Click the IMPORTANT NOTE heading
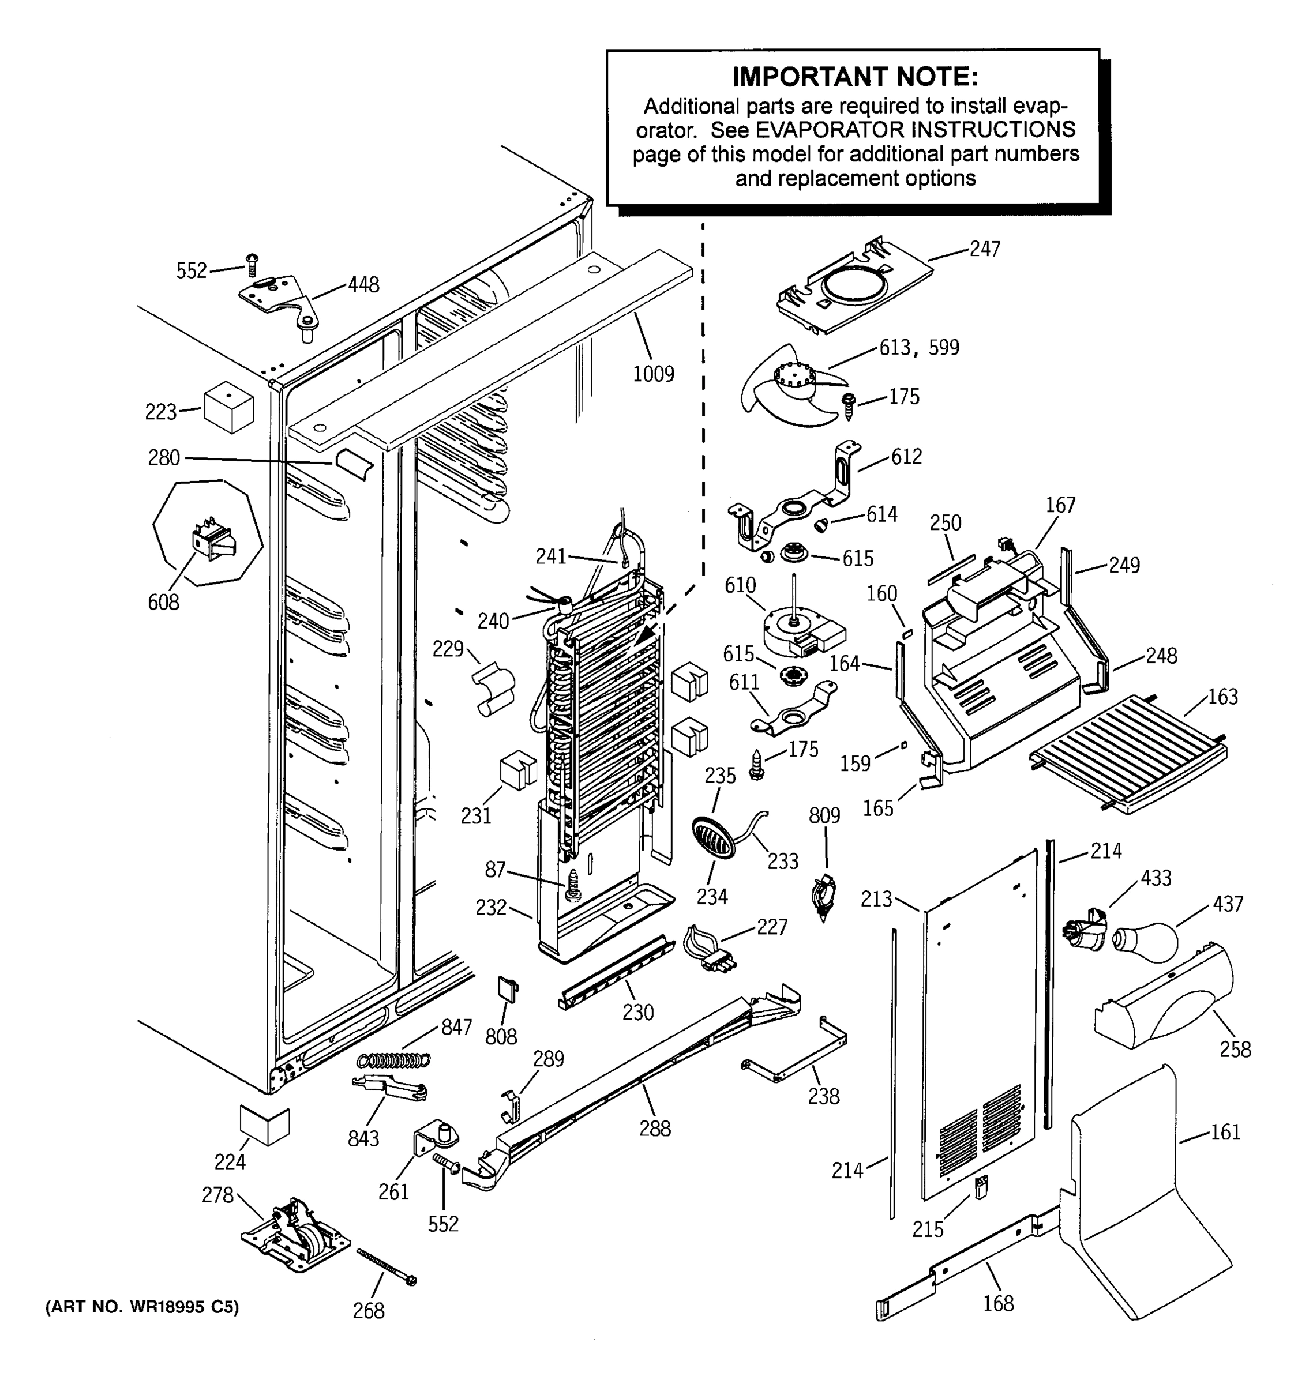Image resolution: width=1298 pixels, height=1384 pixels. pos(854,77)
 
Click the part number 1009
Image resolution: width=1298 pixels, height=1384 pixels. pos(652,374)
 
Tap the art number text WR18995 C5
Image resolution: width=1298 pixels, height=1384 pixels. pos(142,1307)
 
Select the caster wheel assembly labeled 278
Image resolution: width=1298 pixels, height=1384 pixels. pos(295,1235)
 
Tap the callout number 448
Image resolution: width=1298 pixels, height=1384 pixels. pos(363,285)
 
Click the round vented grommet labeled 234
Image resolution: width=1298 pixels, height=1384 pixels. pos(713,839)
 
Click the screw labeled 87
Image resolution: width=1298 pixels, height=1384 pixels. pos(573,886)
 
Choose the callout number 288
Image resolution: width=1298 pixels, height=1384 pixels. pos(655,1129)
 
